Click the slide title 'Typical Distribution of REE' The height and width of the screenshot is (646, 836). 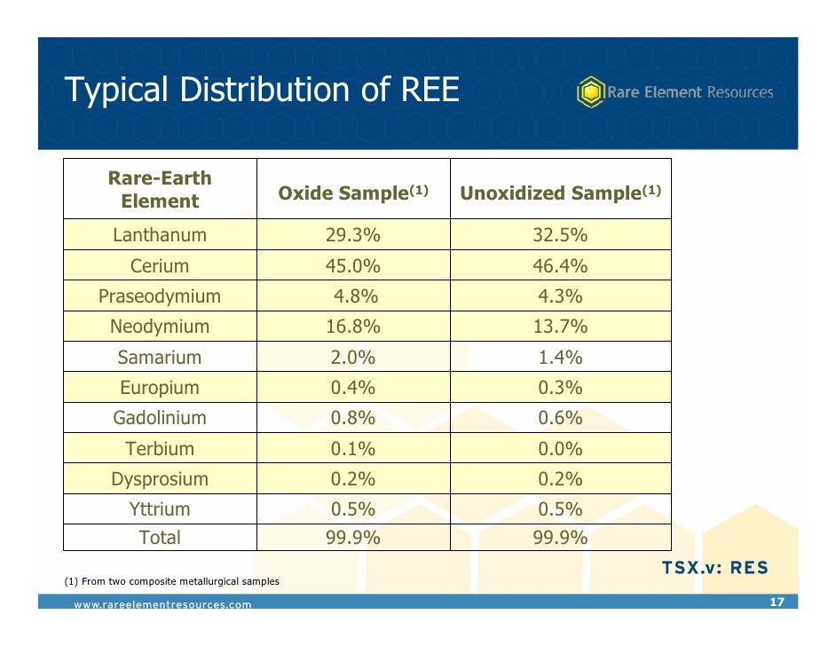point(262,90)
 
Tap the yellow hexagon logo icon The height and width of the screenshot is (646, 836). point(590,91)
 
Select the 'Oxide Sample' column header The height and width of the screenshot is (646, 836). point(353,193)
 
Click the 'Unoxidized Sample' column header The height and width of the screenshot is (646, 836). point(560,193)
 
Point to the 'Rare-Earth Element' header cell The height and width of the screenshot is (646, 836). point(160,189)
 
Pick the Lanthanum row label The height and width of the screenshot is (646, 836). point(160,235)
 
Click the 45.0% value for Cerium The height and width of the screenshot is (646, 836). point(353,266)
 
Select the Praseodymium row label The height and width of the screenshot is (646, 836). point(160,296)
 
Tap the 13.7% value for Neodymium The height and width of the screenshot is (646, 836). point(560,327)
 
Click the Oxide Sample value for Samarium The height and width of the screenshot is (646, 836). point(353,358)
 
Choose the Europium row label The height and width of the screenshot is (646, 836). point(160,388)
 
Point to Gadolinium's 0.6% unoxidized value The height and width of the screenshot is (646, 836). point(560,418)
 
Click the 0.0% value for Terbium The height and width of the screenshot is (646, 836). point(560,449)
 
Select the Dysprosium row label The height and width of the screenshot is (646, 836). point(160,479)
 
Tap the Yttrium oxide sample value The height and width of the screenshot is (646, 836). point(353,509)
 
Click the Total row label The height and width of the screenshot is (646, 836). point(160,537)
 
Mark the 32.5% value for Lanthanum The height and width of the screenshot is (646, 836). point(560,235)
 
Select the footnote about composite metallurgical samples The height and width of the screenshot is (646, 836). point(172,582)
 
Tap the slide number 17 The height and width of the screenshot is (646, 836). point(777,603)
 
